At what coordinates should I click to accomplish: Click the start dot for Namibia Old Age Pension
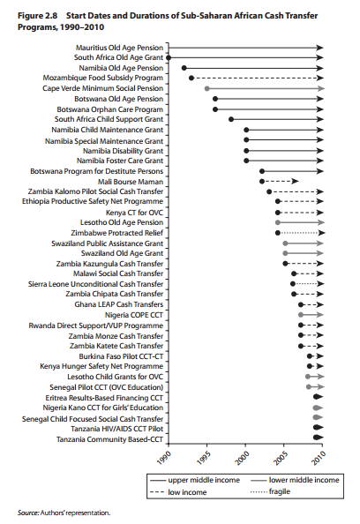click(x=184, y=68)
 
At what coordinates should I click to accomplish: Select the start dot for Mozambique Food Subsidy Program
click(x=191, y=79)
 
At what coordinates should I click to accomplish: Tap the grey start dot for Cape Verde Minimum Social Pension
click(x=206, y=88)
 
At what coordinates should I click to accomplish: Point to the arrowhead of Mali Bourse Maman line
click(x=295, y=182)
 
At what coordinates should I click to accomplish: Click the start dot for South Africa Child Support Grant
click(x=231, y=119)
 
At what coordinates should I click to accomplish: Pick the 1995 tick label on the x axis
click(x=203, y=458)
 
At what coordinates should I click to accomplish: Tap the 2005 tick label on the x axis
click(x=280, y=458)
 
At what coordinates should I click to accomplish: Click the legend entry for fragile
click(x=270, y=491)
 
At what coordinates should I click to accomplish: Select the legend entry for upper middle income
click(x=195, y=480)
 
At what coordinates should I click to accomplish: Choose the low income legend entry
click(x=178, y=492)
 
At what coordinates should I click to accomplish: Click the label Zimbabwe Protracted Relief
click(x=117, y=233)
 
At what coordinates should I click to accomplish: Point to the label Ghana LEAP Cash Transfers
click(x=118, y=304)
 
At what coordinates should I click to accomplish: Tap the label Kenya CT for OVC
click(x=134, y=213)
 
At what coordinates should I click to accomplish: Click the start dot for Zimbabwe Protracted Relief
click(x=277, y=233)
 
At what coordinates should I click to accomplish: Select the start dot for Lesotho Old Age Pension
click(x=277, y=222)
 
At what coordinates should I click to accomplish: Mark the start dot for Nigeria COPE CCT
click(x=301, y=315)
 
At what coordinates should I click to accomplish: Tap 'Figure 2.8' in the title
click(x=37, y=16)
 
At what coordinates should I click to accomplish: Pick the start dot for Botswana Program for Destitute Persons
click(x=262, y=171)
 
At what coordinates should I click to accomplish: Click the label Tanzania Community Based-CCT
click(x=109, y=439)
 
